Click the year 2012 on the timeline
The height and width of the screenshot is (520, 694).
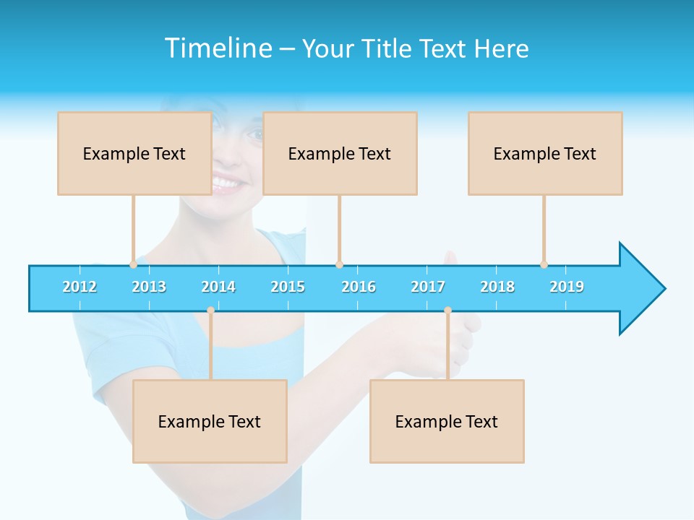(80, 287)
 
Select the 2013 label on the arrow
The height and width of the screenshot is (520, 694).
(149, 287)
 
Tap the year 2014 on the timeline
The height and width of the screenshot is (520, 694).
(218, 287)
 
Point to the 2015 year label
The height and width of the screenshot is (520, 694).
(288, 287)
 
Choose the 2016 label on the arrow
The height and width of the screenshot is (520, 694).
(359, 287)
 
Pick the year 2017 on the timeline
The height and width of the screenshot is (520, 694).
(428, 287)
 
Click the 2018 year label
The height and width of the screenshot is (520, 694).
(497, 287)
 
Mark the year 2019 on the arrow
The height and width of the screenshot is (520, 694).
(567, 287)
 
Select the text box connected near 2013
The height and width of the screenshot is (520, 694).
(134, 153)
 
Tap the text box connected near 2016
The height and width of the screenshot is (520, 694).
(340, 153)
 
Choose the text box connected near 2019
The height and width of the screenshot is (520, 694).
(545, 153)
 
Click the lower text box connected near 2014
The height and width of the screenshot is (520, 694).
(210, 421)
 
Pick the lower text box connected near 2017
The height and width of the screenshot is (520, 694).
(447, 421)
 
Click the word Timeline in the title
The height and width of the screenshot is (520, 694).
(218, 48)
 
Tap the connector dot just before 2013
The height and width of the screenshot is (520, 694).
(133, 264)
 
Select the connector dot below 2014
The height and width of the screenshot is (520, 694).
(210, 311)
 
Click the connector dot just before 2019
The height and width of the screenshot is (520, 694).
(544, 264)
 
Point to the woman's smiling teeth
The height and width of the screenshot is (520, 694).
(227, 183)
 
